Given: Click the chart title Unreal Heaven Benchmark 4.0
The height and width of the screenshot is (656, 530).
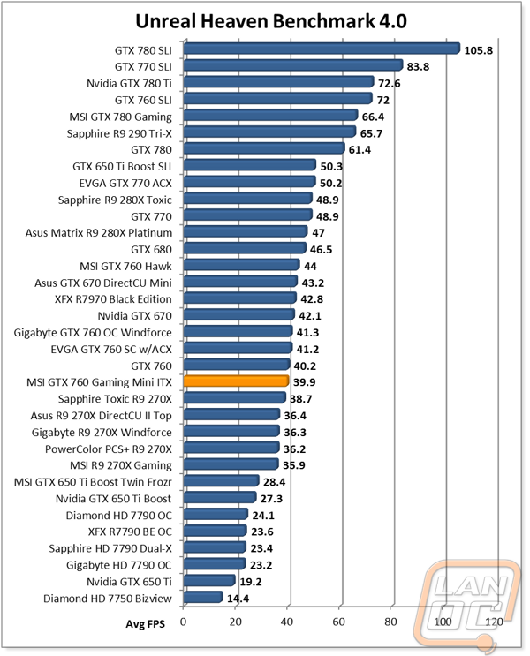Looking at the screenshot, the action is tap(271, 21).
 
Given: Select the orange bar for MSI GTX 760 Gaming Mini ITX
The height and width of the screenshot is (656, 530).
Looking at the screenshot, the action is tap(236, 381).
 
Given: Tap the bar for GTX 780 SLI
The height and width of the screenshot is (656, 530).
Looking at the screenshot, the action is tap(322, 49).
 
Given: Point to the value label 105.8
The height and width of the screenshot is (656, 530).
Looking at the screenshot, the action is tap(479, 50).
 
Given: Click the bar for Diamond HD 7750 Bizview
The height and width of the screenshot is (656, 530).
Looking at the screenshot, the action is tap(203, 597).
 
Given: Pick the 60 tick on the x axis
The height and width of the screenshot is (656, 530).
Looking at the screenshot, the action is tap(338, 622).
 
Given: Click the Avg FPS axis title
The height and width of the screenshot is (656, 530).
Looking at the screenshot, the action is tap(145, 624).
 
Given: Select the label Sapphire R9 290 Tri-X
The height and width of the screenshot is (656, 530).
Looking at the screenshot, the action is tap(119, 133).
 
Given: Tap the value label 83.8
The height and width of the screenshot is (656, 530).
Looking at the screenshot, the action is tap(418, 66).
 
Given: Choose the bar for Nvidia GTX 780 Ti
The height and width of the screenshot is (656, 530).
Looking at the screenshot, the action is tap(278, 82).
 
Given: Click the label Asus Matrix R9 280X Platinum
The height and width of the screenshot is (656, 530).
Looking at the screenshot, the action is tap(99, 232).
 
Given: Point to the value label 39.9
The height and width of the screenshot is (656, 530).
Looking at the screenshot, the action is tap(305, 382).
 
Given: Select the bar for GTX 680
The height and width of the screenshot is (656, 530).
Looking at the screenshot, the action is tap(245, 248).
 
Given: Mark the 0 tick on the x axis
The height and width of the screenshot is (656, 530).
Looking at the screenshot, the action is tap(183, 622).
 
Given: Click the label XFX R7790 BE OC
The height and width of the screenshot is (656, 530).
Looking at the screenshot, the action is tap(130, 532).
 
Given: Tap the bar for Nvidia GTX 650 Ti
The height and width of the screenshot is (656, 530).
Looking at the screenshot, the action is tap(209, 580).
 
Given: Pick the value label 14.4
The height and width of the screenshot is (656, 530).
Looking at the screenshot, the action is tap(238, 599).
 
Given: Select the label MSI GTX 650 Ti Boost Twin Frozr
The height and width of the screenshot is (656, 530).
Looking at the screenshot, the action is tap(93, 482).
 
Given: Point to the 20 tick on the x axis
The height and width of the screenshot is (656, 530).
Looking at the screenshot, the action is tap(235, 622).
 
